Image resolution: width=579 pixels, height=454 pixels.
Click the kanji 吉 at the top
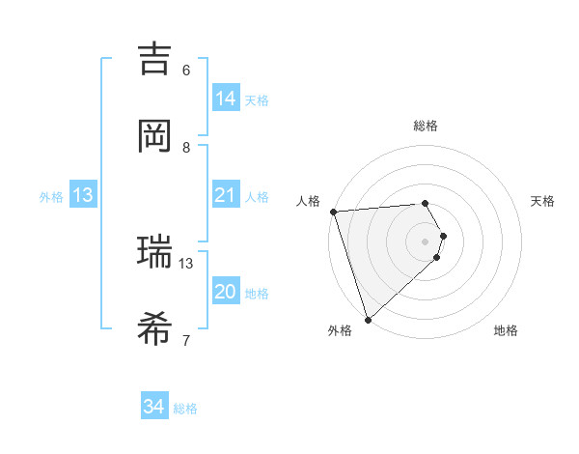pos(154,59)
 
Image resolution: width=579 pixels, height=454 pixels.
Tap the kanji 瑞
pos(154,252)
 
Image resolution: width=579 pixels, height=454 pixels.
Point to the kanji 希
pos(154,328)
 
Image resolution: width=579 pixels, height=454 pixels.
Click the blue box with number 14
pos(226,98)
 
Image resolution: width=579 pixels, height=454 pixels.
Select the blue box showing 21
pos(226,195)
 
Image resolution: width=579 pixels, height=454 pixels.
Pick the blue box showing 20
pos(226,292)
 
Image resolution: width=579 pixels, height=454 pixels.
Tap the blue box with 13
pos(83,195)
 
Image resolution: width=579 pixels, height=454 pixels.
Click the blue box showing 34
pos(154,407)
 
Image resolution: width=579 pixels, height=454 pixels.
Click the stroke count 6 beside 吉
pos(186,70)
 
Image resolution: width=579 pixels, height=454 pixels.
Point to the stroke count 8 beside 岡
pos(186,147)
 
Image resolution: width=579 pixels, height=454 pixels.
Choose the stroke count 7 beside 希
pos(186,339)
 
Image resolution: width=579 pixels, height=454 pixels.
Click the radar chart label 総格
pos(426,126)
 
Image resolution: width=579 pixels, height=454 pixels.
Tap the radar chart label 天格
pos(543,201)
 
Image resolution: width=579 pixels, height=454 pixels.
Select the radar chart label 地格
pos(506,330)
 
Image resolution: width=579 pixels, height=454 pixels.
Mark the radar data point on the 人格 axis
pos(333,212)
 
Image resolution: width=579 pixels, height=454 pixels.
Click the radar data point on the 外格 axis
pos(368,319)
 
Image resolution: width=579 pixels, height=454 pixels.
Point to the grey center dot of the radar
pos(426,241)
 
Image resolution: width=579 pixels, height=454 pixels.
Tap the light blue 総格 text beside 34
pos(185,409)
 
